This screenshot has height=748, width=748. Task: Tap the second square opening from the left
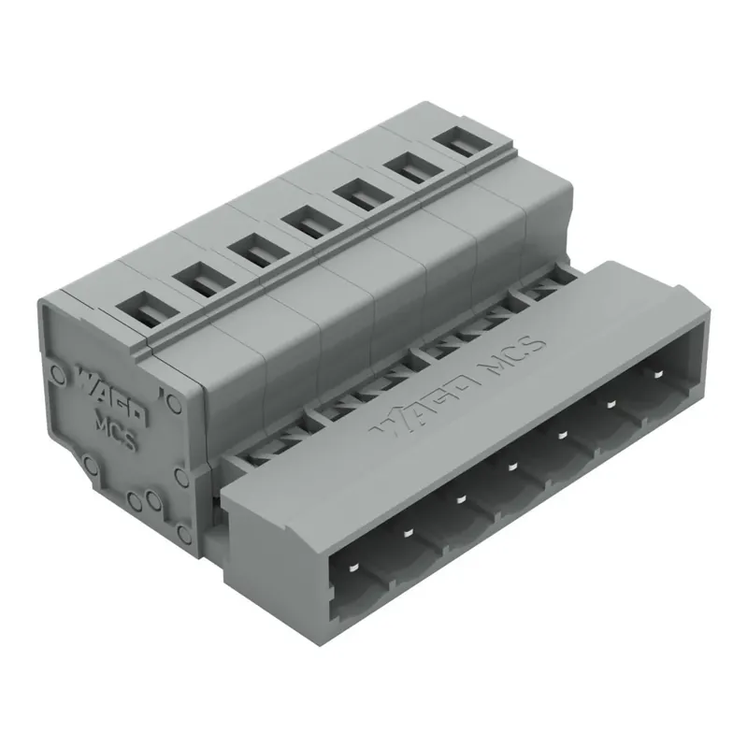pos(195,278)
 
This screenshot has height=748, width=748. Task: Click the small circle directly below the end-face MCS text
pos(133,502)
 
